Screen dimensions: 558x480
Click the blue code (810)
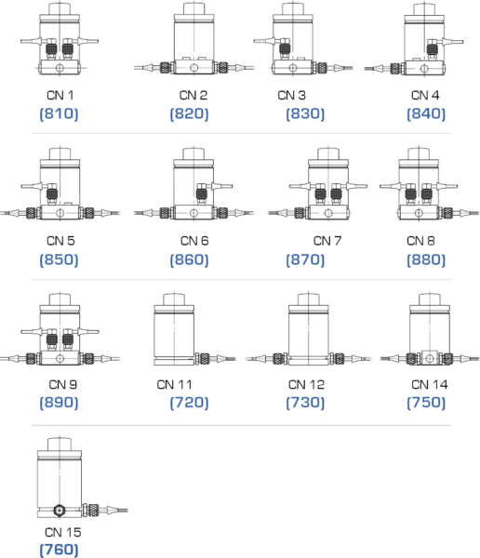point(58,113)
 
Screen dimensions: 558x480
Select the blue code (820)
point(189,113)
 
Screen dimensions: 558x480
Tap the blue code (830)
point(305,113)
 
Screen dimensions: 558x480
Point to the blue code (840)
point(426,113)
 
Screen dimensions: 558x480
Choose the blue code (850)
point(58,259)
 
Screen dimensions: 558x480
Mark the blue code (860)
point(189,259)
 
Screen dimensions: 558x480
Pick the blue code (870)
point(305,259)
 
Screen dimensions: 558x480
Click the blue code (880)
point(426,259)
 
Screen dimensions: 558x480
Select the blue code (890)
point(58,404)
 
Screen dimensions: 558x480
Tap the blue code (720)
point(189,404)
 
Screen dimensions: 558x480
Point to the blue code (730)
point(305,404)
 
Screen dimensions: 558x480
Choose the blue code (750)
point(426,404)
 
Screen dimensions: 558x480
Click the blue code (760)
point(58,551)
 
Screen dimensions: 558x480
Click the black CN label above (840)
point(424,96)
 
